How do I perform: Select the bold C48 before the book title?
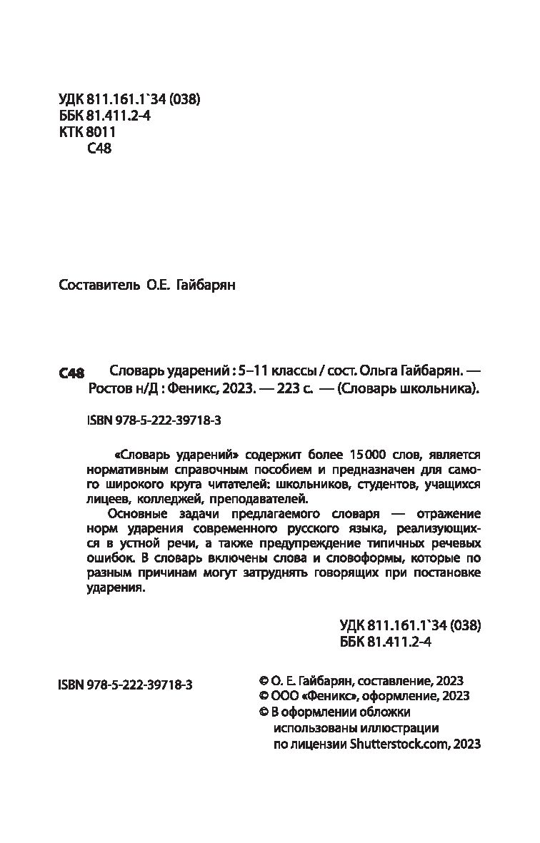(71, 373)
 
